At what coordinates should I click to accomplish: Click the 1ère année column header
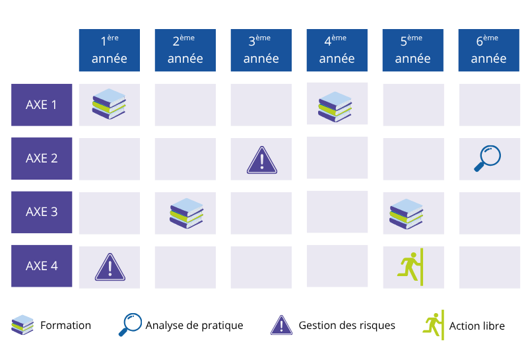click(x=110, y=50)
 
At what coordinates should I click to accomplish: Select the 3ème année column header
click(x=261, y=50)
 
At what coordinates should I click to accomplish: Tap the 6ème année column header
click(x=489, y=50)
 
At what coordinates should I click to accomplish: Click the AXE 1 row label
click(x=42, y=105)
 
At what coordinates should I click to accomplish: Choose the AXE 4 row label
click(x=42, y=266)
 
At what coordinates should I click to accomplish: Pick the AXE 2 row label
click(x=42, y=159)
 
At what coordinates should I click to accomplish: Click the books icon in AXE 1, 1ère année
click(x=109, y=104)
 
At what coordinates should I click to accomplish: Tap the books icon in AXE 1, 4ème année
click(x=335, y=106)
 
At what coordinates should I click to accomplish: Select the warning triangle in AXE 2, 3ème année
click(x=262, y=160)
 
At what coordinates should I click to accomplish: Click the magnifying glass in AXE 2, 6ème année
click(x=488, y=158)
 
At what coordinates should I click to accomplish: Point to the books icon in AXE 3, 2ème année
click(x=187, y=213)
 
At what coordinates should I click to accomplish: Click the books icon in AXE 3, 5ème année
click(x=407, y=214)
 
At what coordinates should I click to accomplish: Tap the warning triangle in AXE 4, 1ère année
click(x=110, y=267)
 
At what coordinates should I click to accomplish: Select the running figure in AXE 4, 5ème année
click(x=411, y=267)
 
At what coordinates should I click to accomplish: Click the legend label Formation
click(x=66, y=325)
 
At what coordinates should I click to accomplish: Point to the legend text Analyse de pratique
click(x=194, y=326)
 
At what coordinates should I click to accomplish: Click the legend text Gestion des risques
click(x=347, y=325)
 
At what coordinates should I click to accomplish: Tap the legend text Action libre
click(x=477, y=326)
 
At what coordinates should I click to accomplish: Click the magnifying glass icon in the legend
click(x=130, y=324)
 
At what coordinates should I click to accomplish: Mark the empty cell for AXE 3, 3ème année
click(x=261, y=213)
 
